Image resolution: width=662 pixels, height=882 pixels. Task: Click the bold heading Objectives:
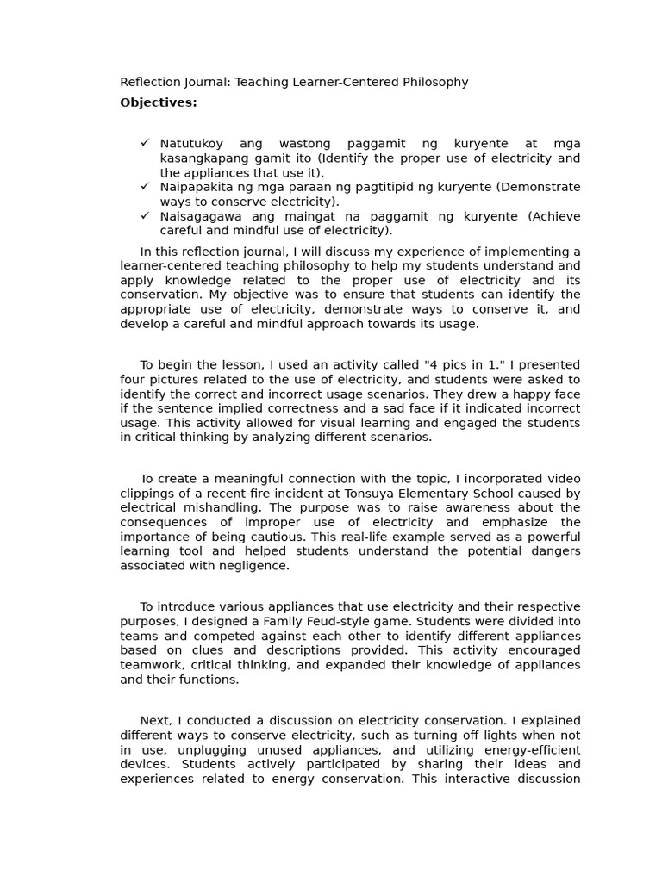point(159,103)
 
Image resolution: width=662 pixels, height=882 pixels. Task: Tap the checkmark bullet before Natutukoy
point(145,143)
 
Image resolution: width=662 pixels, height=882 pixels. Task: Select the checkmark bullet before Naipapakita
point(145,186)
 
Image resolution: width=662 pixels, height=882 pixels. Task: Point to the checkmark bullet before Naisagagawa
point(145,215)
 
